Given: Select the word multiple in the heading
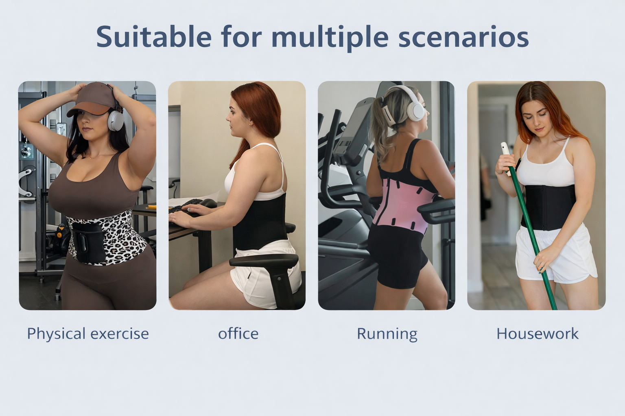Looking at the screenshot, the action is click(x=330, y=38).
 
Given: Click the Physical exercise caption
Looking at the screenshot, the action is click(x=88, y=334).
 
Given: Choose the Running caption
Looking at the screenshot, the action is click(x=387, y=334).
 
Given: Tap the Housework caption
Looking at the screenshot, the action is click(x=538, y=334).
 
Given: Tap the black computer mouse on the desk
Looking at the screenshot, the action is click(x=208, y=204).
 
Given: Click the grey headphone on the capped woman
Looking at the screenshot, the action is click(x=116, y=120).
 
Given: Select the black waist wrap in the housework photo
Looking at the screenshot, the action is click(x=548, y=208).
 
